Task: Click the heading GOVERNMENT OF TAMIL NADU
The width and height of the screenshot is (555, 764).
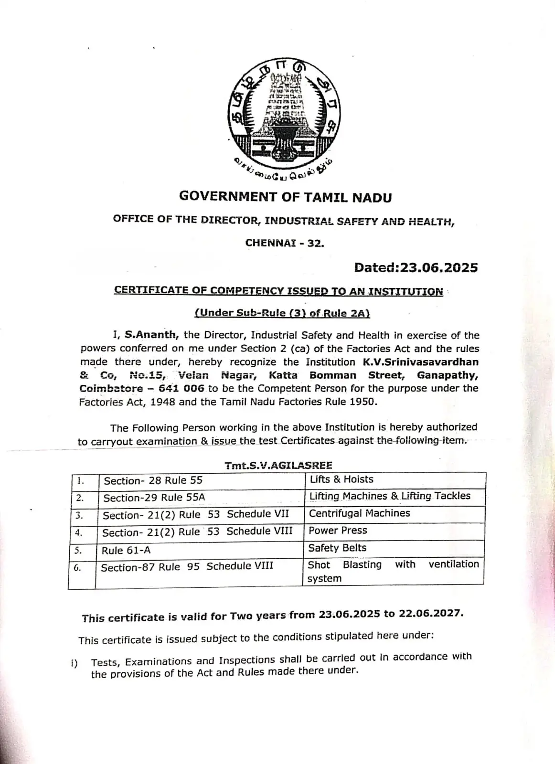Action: (285, 197)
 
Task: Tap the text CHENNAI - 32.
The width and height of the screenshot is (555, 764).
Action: (285, 243)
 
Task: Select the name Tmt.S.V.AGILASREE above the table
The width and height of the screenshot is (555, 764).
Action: (278, 465)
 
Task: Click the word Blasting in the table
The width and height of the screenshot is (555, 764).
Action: (362, 565)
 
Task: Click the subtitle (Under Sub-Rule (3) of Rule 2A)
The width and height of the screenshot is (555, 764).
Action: (282, 313)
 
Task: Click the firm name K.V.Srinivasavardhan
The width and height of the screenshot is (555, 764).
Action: (420, 362)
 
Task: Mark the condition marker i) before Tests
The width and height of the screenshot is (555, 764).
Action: (74, 663)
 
